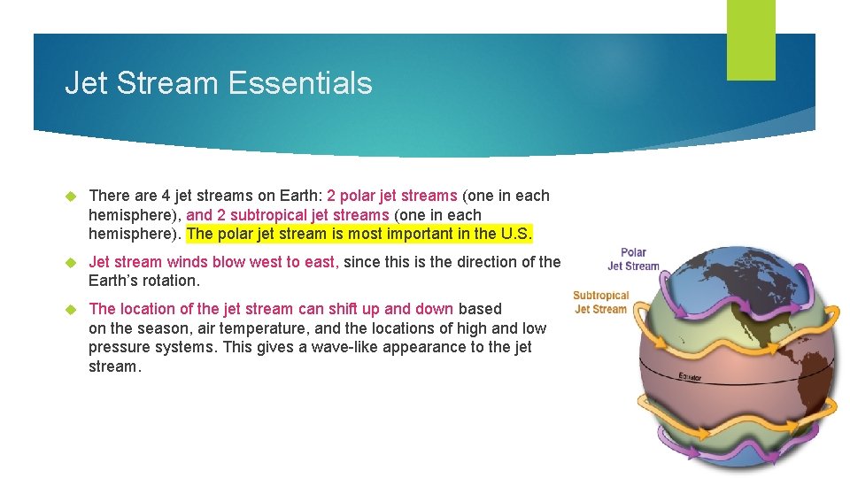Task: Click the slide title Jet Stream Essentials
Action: [x=218, y=83]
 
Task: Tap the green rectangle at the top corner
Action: [x=750, y=40]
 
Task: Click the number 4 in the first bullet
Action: [x=166, y=196]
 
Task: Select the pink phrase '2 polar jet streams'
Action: [x=391, y=196]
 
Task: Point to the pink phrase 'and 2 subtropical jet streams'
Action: [x=288, y=215]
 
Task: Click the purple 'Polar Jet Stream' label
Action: [x=633, y=258]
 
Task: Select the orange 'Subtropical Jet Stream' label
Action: [x=600, y=302]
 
